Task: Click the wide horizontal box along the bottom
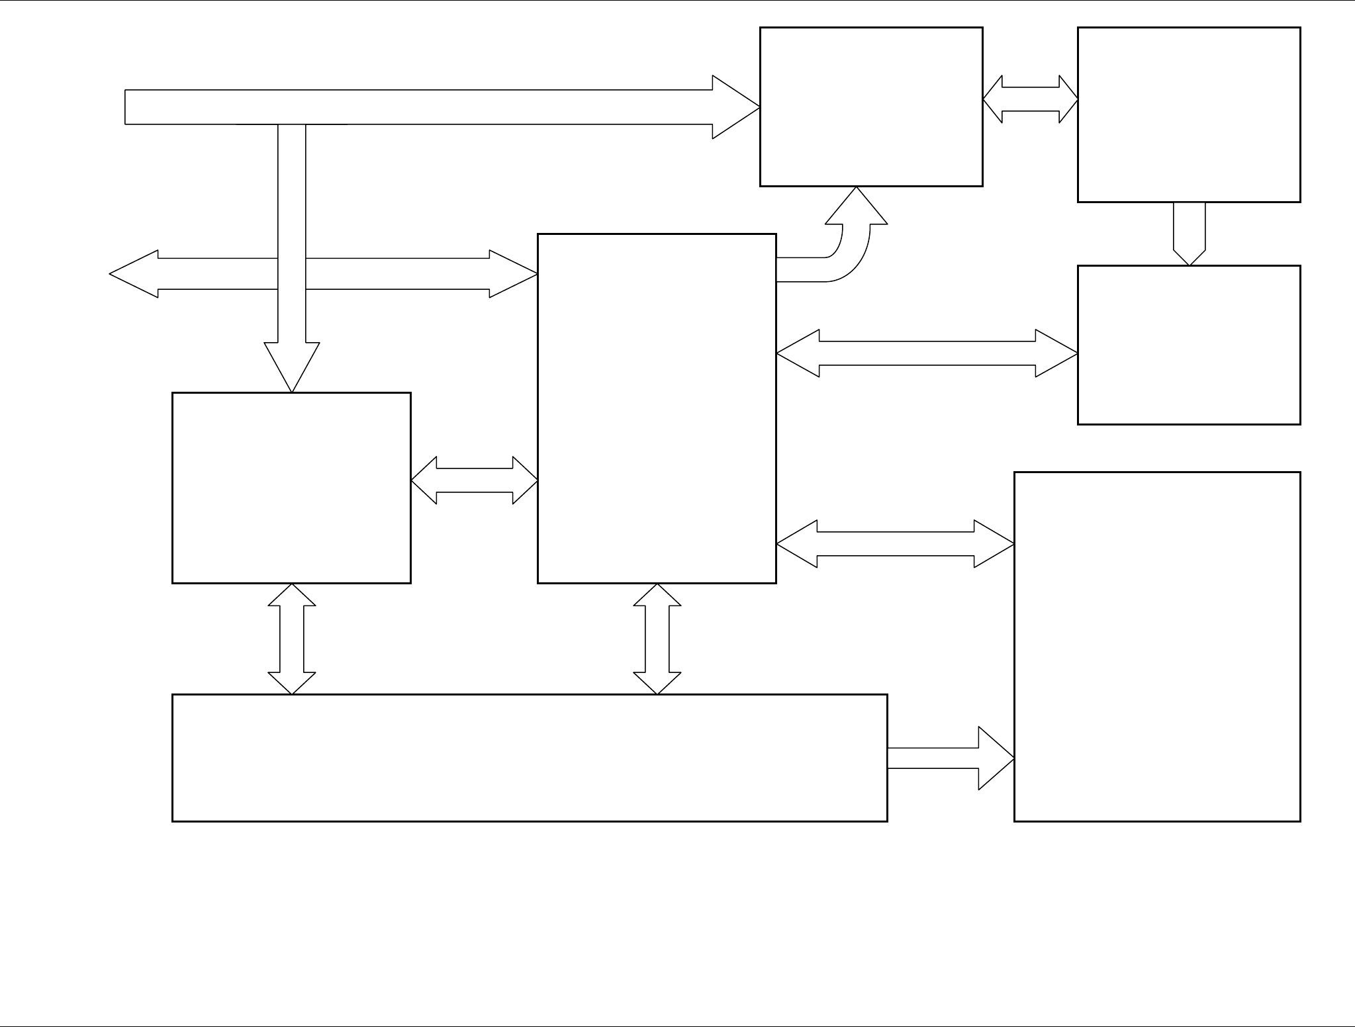point(529,758)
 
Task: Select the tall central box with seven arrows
point(656,408)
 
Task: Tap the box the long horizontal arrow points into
point(870,107)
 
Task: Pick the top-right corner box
point(1188,114)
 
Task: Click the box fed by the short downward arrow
point(1188,345)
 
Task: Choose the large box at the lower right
point(1156,647)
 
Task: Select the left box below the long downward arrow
point(291,488)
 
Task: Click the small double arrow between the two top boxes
point(1030,99)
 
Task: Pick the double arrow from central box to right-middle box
point(927,353)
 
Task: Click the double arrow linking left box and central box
point(474,480)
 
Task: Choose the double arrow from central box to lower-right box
point(895,544)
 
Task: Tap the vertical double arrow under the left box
point(292,639)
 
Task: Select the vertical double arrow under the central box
point(657,639)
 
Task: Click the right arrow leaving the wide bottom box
point(950,758)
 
